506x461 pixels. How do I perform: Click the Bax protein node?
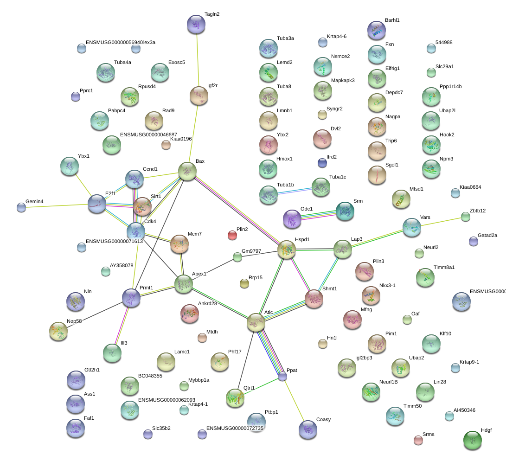187,171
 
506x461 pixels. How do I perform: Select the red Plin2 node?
232,235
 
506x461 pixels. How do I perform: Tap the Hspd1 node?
287,250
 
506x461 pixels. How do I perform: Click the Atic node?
256,322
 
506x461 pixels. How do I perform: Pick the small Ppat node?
282,377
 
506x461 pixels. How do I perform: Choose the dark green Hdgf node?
473,440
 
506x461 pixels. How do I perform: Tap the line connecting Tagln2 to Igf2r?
198,60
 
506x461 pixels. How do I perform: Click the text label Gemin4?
34,202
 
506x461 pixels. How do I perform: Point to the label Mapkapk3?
343,80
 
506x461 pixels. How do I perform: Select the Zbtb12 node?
466,216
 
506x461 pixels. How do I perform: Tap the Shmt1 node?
314,299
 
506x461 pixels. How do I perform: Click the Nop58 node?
58,331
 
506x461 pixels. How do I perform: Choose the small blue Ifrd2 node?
322,163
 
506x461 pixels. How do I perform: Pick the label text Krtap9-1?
469,362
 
